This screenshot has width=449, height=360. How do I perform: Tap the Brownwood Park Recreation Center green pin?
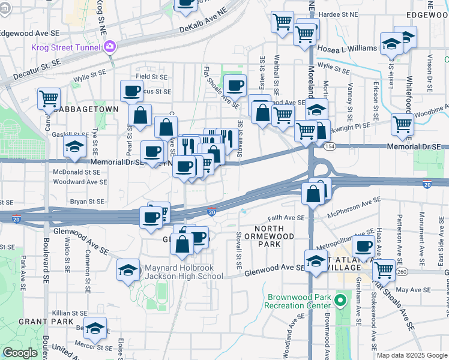[342, 299]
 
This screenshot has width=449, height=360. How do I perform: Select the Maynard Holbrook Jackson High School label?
[184, 272]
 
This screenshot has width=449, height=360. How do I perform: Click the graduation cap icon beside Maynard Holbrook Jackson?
[128, 271]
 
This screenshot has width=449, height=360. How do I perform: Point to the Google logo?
[20, 353]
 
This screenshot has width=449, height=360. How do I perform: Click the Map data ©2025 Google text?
[411, 355]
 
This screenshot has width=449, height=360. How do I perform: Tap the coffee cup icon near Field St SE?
[131, 91]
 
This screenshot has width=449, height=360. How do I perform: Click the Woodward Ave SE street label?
[80, 182]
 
